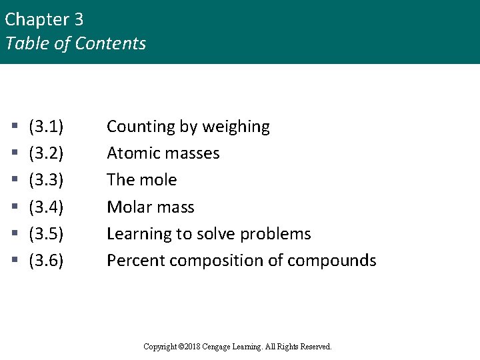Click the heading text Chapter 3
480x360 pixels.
(44, 19)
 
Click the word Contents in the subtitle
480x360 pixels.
(110, 44)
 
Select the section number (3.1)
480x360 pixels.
(46, 127)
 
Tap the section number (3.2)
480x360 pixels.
(46, 153)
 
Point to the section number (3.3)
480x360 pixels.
(46, 180)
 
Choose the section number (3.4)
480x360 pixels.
(46, 207)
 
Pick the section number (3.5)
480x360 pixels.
(46, 234)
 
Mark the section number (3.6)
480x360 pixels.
(46, 261)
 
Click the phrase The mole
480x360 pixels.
(141, 180)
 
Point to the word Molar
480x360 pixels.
(129, 207)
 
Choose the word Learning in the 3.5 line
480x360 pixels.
(136, 234)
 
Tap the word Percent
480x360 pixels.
(135, 261)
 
